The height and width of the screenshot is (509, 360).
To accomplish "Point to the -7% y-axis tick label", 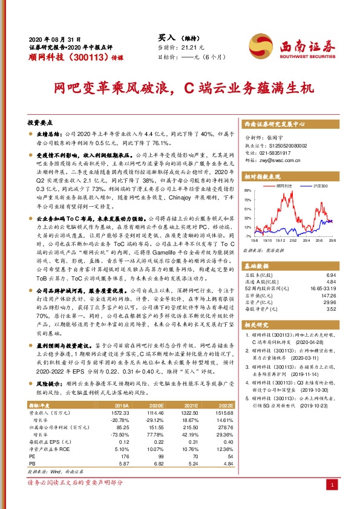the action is pos(247,236).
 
